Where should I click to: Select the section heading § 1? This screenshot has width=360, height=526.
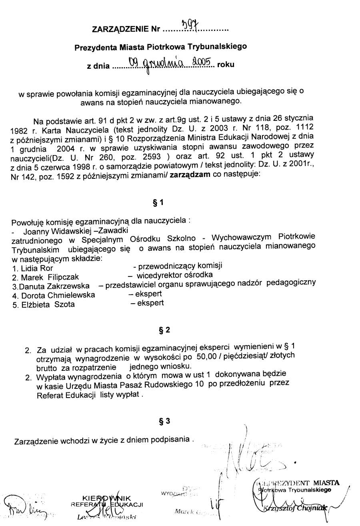tap(158, 203)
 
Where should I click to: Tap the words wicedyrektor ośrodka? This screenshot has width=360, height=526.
tap(174, 275)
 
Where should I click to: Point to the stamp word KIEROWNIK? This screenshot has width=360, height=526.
tap(106, 498)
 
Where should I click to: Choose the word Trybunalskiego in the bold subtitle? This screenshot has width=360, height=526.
tap(219, 47)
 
